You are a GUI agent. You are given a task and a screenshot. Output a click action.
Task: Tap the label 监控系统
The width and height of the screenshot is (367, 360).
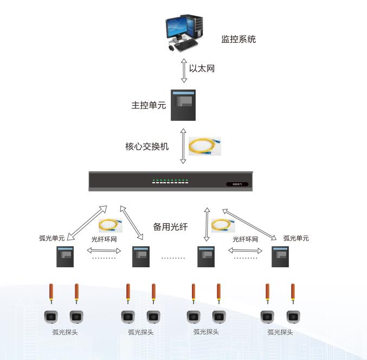point(238,39)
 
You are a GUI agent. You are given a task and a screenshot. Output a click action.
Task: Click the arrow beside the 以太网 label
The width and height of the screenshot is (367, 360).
point(183,69)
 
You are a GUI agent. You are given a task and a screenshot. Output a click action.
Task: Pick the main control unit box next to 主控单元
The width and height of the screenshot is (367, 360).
point(183,105)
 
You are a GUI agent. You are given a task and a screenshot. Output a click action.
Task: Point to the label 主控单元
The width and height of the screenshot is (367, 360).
point(148,105)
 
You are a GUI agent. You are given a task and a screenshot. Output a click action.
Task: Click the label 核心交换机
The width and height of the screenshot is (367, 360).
point(147,146)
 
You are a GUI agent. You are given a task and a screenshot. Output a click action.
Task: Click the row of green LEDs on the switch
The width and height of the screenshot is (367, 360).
point(170,179)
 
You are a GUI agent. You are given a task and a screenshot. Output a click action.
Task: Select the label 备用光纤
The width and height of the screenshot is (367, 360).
point(170,227)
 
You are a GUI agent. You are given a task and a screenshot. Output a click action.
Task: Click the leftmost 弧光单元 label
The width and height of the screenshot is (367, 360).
point(52,237)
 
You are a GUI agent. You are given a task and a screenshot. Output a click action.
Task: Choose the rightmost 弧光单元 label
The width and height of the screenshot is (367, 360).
point(296,238)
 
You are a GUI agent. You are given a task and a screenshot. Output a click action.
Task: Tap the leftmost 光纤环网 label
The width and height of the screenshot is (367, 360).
point(104,239)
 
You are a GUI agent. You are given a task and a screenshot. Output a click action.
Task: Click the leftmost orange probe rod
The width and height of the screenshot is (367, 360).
point(51,293)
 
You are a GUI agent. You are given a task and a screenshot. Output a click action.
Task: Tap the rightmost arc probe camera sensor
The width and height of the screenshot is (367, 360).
point(293,316)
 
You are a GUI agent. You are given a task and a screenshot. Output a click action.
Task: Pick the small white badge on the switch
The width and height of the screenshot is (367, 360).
point(237,184)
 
